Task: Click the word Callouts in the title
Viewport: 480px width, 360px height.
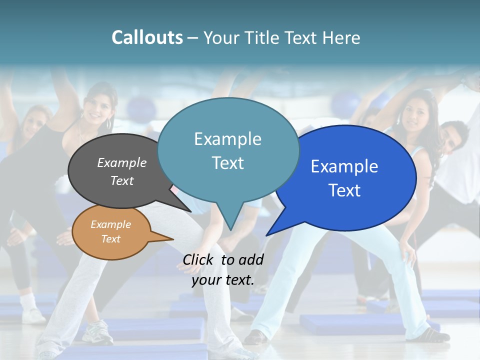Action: (147, 37)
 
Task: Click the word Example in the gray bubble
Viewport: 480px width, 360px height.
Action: (122, 163)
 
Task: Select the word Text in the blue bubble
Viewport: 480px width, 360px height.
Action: (344, 190)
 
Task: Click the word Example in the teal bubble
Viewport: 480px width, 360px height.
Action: (227, 139)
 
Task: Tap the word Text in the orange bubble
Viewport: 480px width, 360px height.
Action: (111, 239)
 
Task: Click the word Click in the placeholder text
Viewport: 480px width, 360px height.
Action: (199, 259)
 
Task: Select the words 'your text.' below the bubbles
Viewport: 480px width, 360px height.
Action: (223, 280)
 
